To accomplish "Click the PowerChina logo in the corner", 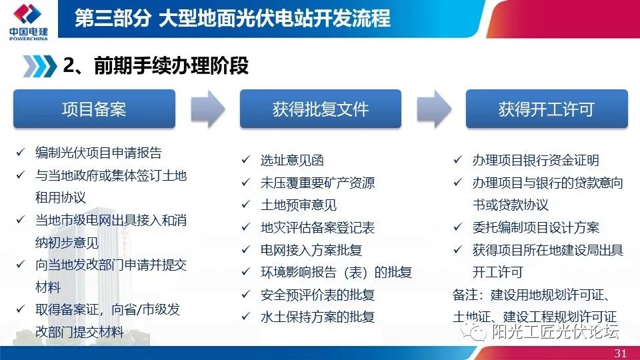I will [28, 20].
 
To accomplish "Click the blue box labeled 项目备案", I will [94, 109].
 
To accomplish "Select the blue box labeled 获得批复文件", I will [320, 109].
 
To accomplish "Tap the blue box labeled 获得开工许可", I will [546, 109].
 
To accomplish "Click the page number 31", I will [620, 353].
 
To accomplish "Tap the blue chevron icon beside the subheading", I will [39, 66].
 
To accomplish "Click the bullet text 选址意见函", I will [292, 161].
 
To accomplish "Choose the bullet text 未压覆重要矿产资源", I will [317, 183].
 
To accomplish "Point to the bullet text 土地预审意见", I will [299, 205].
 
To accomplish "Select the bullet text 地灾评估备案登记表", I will [317, 227].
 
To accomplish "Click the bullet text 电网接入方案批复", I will [311, 250].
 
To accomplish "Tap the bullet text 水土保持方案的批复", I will [317, 317].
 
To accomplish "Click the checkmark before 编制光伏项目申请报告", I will [21, 153].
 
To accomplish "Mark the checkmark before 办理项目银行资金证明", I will [458, 161].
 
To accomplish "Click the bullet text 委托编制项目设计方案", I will [536, 227].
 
